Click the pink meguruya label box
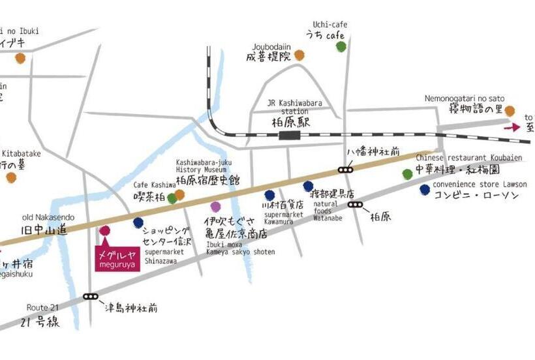pyautogui.click(x=116, y=260)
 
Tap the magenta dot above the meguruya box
pyautogui.click(x=104, y=230)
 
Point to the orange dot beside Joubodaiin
pyautogui.click(x=299, y=55)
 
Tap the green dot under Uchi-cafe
pyautogui.click(x=341, y=46)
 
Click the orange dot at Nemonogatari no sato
pyautogui.click(x=510, y=112)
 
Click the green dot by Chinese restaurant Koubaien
pyautogui.click(x=408, y=173)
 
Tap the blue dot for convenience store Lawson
pyautogui.click(x=425, y=190)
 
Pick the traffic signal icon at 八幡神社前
pyautogui.click(x=345, y=170)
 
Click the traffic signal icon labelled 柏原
pyautogui.click(x=356, y=204)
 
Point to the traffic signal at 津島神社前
pyautogui.click(x=91, y=297)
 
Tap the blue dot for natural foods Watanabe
pyautogui.click(x=308, y=187)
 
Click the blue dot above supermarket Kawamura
pyautogui.click(x=269, y=195)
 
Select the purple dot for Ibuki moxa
pyautogui.click(x=215, y=207)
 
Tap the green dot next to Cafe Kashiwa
pyautogui.click(x=172, y=198)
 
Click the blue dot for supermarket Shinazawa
pyautogui.click(x=138, y=223)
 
